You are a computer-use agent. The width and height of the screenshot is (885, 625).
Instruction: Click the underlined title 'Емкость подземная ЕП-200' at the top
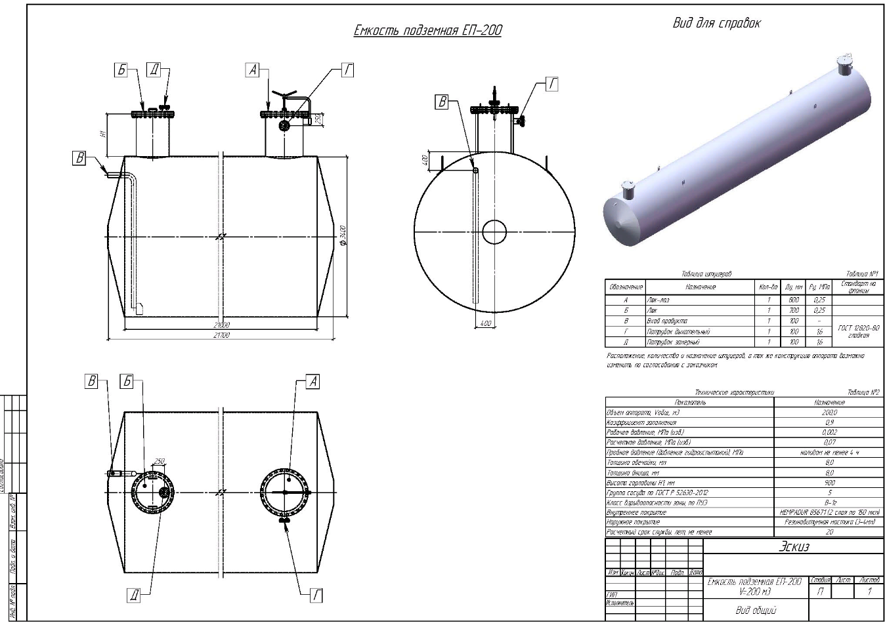point(427,30)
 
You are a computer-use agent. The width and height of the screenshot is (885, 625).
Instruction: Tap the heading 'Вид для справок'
point(716,24)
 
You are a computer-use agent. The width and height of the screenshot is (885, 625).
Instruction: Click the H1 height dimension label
point(103,134)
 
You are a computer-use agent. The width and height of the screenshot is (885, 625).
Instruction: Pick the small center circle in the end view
point(494,232)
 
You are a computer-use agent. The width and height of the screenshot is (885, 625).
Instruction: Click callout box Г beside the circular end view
point(552,84)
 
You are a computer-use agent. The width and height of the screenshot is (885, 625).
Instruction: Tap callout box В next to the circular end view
point(443,102)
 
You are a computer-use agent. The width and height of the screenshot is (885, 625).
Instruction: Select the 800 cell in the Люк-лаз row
point(794,300)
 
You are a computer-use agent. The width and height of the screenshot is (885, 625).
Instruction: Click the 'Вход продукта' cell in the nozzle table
point(663,321)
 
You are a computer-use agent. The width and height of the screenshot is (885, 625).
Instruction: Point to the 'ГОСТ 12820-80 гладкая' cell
point(858,331)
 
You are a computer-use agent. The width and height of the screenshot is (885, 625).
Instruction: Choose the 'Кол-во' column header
point(768,287)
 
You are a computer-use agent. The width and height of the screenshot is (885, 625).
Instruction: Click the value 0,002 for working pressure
point(829,432)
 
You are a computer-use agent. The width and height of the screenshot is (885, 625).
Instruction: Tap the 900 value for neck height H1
point(829,482)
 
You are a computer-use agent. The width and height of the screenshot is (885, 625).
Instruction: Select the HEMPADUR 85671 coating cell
point(829,512)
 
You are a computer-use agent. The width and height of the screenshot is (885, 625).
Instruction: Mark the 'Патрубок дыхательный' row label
point(678,332)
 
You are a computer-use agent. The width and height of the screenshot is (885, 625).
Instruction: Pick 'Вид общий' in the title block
point(755,610)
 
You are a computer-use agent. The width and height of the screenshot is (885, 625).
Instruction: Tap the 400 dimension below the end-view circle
point(485,323)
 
